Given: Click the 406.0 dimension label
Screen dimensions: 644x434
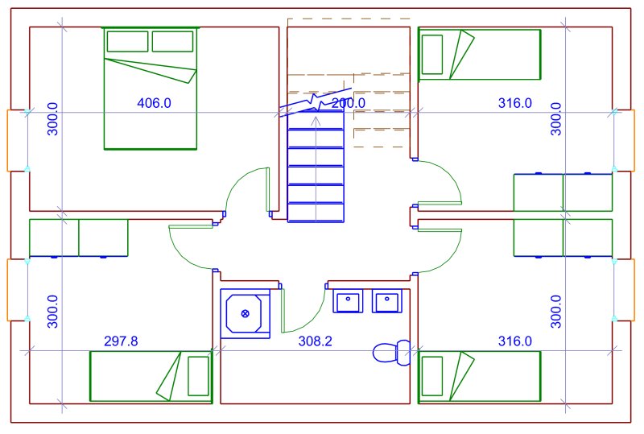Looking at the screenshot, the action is pos(154,103).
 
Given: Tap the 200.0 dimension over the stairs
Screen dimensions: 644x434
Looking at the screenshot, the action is pos(349,103).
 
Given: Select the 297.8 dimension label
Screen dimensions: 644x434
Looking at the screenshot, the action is pos(122,341).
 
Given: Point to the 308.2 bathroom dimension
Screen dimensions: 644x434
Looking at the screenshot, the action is pos(315,341).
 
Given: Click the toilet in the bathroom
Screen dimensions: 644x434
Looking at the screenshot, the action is pos(391,353).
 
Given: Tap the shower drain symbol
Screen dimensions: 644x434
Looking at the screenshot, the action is pos(246,314).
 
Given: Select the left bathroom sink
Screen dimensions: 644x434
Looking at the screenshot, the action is pos(348,301).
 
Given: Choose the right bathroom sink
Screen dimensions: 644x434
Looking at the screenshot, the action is pos(387,301).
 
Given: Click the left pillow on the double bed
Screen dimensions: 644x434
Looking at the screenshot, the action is pos(127,41).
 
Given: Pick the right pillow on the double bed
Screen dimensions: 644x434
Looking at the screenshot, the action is pos(172,41).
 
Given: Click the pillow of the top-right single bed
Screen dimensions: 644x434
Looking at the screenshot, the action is pos(432,54).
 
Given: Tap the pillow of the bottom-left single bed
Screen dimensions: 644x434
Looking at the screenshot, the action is pos(198,376).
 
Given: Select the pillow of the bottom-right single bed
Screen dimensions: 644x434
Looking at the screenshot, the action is pos(432,376).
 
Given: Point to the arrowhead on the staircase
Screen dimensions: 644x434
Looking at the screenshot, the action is pos(316,120).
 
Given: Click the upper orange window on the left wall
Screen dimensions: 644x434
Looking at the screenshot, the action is pos(8,141).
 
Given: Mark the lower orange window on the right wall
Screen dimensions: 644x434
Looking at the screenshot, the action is pos(634,290).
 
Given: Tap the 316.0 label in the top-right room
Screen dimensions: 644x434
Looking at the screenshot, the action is pos(515,103).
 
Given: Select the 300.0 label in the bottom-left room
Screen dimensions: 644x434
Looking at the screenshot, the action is pos(52,312).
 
